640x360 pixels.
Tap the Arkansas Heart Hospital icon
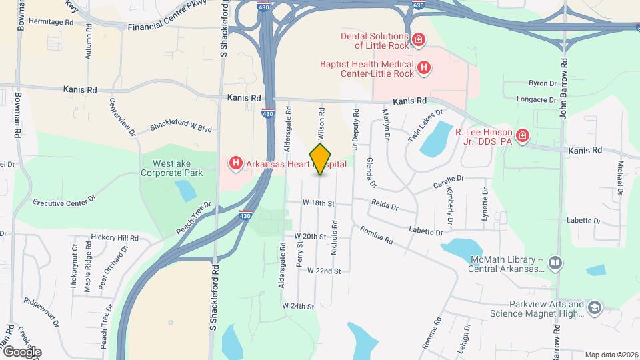(x=235, y=163)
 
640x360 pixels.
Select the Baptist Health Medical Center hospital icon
(x=423, y=67)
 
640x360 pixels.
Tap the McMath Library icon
(x=555, y=264)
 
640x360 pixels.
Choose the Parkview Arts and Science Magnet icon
(x=594, y=307)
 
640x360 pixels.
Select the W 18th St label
(x=317, y=202)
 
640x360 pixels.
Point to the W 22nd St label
(x=324, y=271)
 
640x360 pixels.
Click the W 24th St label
(x=297, y=305)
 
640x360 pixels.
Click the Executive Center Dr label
(x=65, y=201)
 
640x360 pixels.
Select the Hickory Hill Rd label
(x=115, y=237)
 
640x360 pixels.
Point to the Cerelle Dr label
(x=447, y=179)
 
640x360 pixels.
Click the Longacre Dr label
(x=536, y=100)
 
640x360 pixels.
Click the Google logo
(x=21, y=351)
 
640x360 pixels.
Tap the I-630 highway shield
(x=418, y=5)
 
